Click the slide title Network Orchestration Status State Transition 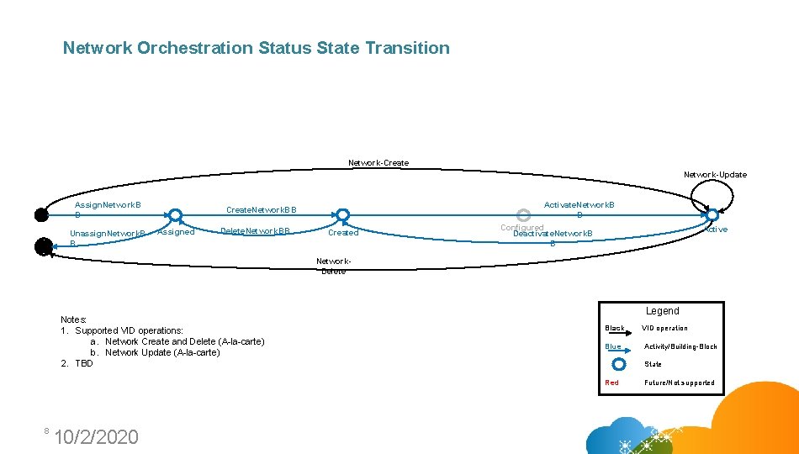click(x=257, y=48)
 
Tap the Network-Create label click(x=378, y=163)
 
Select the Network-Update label click(x=715, y=175)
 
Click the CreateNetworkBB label click(x=261, y=209)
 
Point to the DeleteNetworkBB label click(x=255, y=231)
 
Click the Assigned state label click(x=176, y=232)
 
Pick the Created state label click(x=343, y=233)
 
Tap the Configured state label click(x=521, y=228)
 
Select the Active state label click(x=717, y=230)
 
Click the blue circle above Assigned click(x=175, y=214)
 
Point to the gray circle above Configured click(x=522, y=214)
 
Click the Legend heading click(x=662, y=311)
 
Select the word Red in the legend click(x=611, y=383)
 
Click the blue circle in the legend click(x=619, y=364)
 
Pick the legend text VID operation click(x=664, y=329)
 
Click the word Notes click(x=74, y=319)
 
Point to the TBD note click(x=84, y=363)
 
